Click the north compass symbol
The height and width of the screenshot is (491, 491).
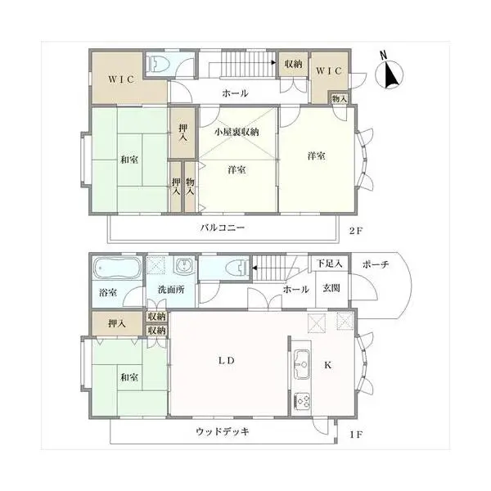coord(389,73)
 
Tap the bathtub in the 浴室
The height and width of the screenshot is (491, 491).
coord(117,268)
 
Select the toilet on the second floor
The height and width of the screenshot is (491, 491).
coord(160,64)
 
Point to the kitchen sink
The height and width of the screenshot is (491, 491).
coord(302,364)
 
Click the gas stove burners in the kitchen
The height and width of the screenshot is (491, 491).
coord(303,401)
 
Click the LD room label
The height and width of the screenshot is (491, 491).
coord(227,361)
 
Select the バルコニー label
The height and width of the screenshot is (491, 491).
coord(223,227)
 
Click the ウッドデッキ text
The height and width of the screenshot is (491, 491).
coord(223,432)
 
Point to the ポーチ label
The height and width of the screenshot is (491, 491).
coord(376,265)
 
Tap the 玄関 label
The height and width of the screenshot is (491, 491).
coord(331,288)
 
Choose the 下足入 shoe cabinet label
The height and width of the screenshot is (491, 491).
coord(329,264)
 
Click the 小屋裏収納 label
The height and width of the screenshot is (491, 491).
coord(236,132)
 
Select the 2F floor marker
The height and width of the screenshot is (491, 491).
coord(356,231)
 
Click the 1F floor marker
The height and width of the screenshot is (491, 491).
coord(356,435)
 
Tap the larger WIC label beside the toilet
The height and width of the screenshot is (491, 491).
coord(121,79)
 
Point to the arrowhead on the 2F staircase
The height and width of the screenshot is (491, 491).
coord(273,63)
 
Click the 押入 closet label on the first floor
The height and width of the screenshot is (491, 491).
coord(117,323)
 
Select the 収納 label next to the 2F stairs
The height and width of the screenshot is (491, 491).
coord(294,64)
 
